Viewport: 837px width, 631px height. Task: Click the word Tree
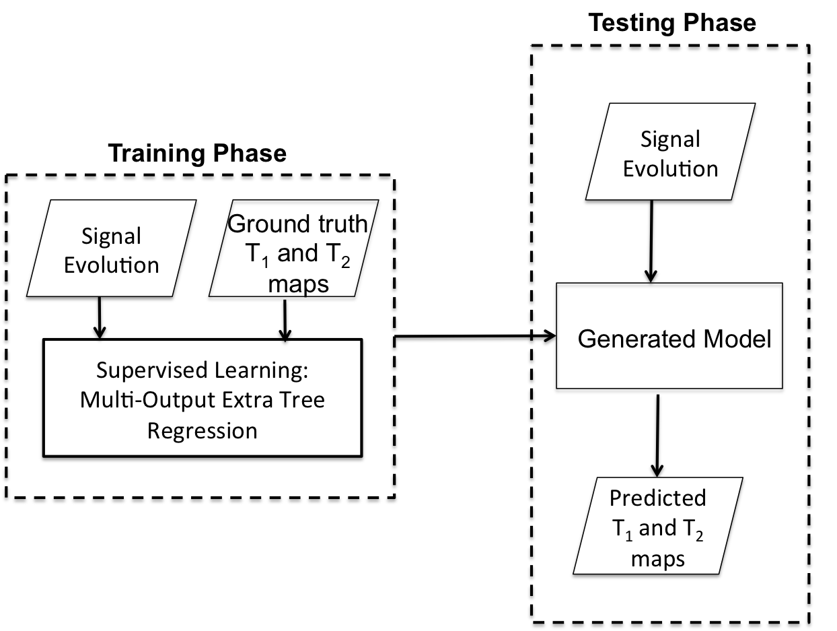tap(302, 400)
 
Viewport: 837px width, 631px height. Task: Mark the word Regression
tap(202, 430)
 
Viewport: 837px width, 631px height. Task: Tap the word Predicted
tap(657, 498)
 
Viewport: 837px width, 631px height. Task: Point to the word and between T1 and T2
tap(657, 528)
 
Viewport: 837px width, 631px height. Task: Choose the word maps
tap(657, 558)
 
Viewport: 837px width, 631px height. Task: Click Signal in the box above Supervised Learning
tap(111, 236)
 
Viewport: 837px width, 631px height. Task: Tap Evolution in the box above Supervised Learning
tap(111, 265)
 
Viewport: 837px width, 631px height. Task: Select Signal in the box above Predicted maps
tap(670, 139)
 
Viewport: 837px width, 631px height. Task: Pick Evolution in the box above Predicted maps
tap(670, 168)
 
